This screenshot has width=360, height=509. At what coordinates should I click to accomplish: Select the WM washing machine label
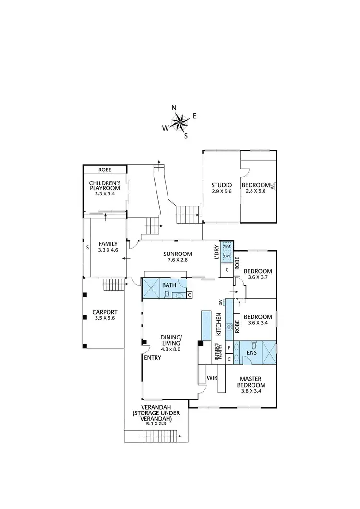pyautogui.click(x=228, y=246)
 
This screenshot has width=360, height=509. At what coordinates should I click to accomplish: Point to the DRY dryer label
pyautogui.click(x=228, y=257)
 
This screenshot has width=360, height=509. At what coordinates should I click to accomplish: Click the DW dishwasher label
pyautogui.click(x=221, y=303)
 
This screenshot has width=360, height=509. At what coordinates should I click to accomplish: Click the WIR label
pyautogui.click(x=211, y=378)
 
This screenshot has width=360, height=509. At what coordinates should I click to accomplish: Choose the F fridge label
pyautogui.click(x=229, y=347)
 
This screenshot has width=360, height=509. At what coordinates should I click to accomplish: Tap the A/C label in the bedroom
pyautogui.click(x=272, y=186)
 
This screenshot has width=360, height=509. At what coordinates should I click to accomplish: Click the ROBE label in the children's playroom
pyautogui.click(x=105, y=170)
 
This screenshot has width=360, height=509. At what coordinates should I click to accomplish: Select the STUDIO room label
pyautogui.click(x=222, y=185)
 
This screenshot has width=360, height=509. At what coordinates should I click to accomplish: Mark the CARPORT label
pyautogui.click(x=105, y=312)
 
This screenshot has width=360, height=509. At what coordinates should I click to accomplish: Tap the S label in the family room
pyautogui.click(x=87, y=248)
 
